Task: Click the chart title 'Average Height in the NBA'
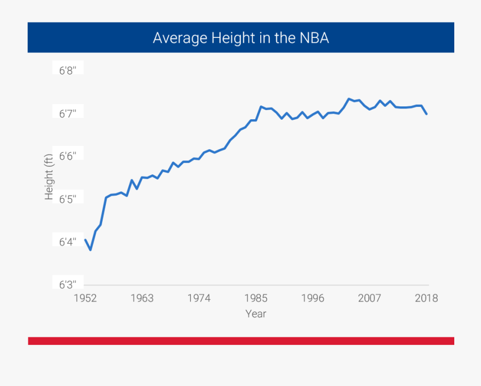241,38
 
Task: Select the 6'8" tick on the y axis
68,71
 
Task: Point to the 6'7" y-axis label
68,113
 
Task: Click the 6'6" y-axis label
68,156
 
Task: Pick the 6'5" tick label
68,199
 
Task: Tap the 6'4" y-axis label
68,242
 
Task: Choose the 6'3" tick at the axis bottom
68,284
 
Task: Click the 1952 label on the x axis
85,298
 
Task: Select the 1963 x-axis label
142,298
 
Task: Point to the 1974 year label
199,298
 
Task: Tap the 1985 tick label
256,298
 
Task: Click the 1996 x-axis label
313,298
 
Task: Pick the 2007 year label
369,298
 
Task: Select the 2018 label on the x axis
426,298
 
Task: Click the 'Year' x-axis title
255,314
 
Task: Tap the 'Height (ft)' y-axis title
49,177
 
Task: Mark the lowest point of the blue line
90,250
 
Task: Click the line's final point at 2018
426,114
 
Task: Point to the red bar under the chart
241,341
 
